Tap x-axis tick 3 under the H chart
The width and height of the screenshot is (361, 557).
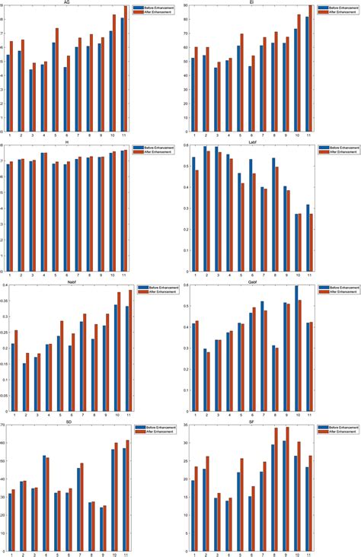pos(32,277)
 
